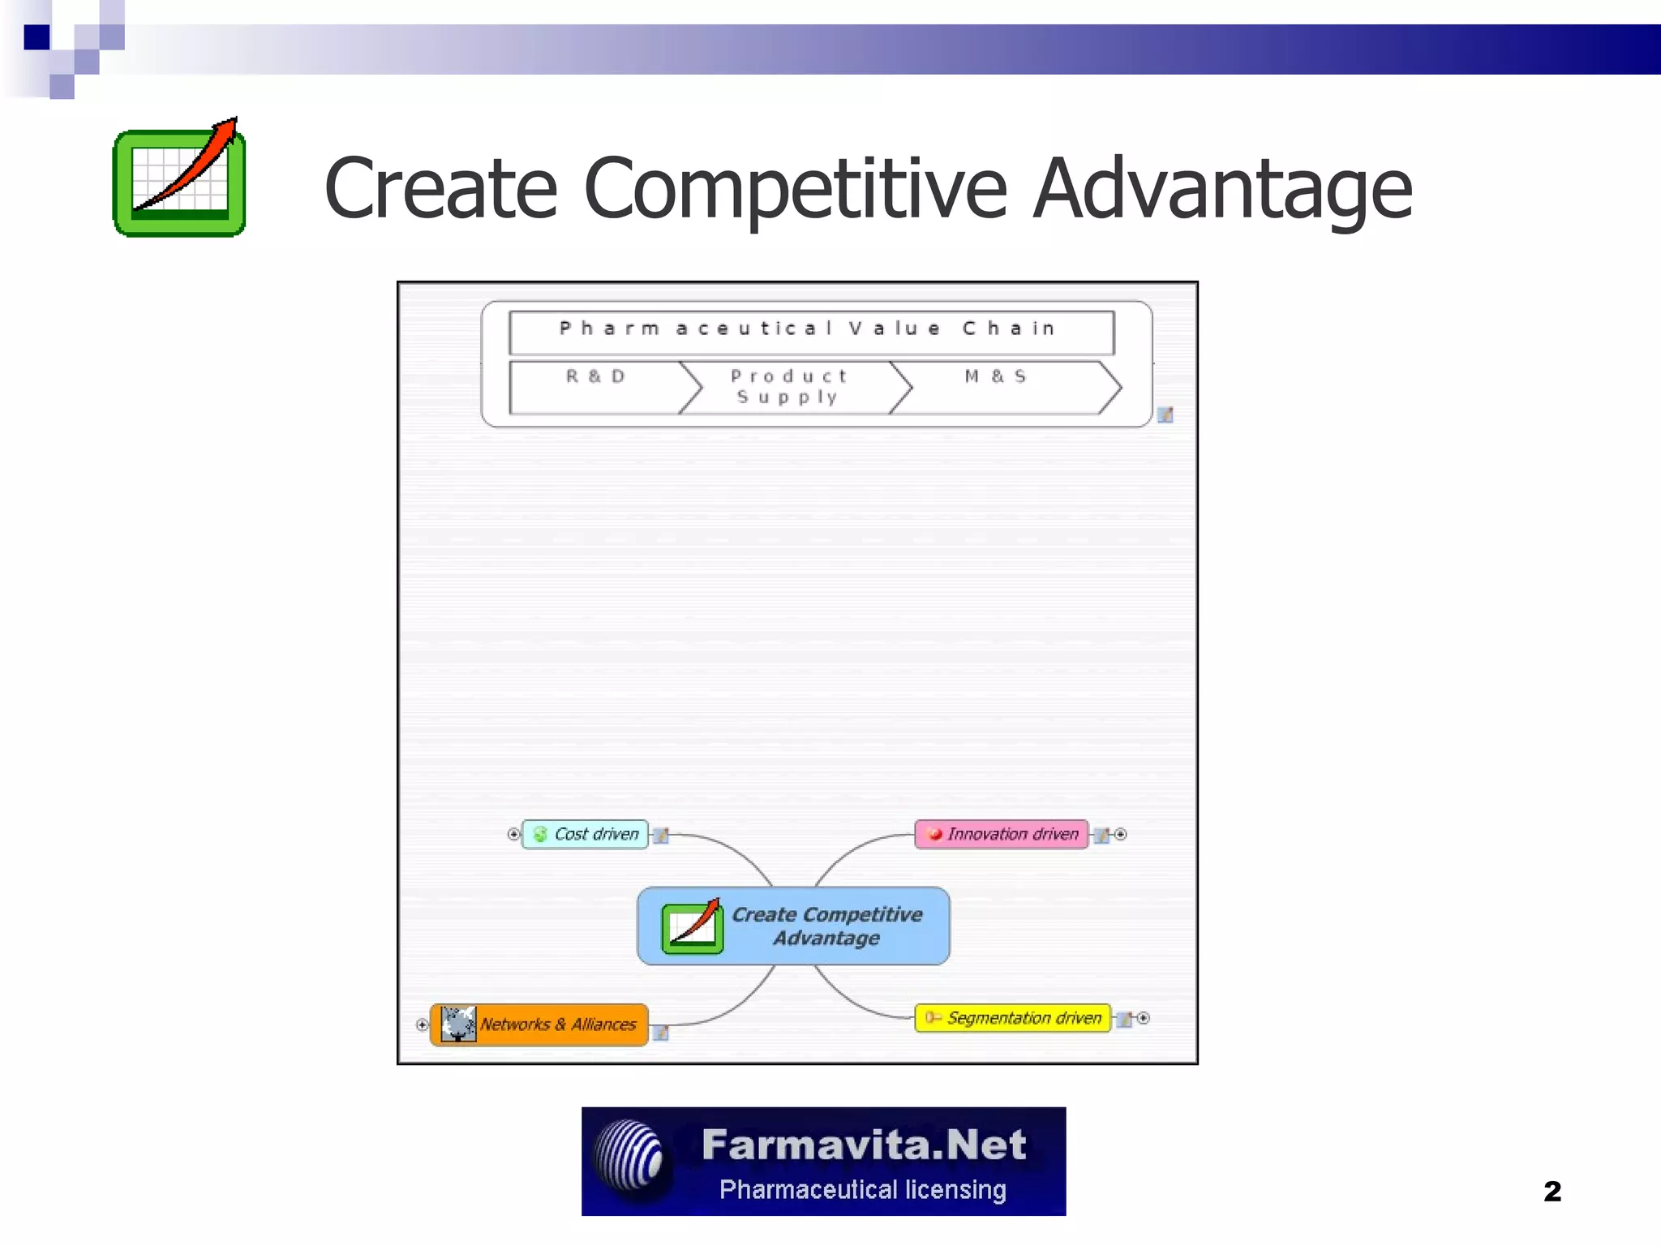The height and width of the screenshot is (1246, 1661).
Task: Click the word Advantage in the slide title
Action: pos(1223,190)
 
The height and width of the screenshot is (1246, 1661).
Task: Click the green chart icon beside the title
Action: pos(179,180)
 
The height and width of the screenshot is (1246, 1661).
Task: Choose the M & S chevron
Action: pos(1002,388)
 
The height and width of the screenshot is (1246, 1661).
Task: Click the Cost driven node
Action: pos(586,834)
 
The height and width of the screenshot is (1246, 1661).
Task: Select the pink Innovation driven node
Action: pos(1002,834)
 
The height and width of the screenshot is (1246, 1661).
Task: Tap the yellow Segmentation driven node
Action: pos(1013,1018)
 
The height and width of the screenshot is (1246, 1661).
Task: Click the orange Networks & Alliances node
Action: pos(539,1025)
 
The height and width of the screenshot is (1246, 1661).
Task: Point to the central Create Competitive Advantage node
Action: pos(793,926)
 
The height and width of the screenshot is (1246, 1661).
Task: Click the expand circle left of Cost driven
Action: pos(513,834)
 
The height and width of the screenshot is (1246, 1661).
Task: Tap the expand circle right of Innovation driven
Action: pos(1121,834)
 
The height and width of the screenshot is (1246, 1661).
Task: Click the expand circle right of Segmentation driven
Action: pos(1144,1018)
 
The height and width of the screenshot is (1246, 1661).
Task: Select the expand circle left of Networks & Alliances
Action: pos(422,1025)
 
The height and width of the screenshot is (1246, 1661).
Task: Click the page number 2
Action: pos(1552,1191)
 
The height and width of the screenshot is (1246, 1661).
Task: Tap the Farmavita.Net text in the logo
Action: pos(864,1145)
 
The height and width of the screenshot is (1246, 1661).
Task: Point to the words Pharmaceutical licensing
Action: pos(862,1189)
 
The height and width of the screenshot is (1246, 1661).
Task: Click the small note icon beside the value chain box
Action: pos(1165,415)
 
